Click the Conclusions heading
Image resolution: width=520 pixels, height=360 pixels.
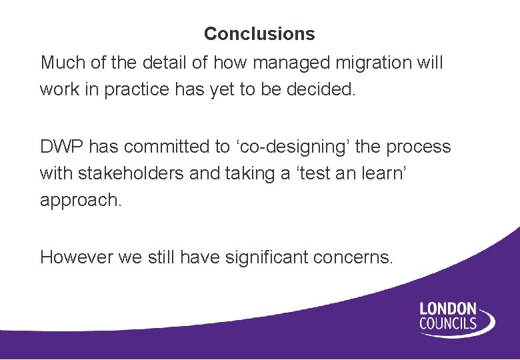pyautogui.click(x=259, y=33)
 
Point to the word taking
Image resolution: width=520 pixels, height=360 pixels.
pyautogui.click(x=249, y=173)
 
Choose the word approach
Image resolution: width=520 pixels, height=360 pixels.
pyautogui.click(x=81, y=201)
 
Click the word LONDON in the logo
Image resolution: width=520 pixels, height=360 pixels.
pyautogui.click(x=447, y=309)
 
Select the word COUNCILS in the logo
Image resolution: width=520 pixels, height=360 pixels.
pyautogui.click(x=448, y=324)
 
